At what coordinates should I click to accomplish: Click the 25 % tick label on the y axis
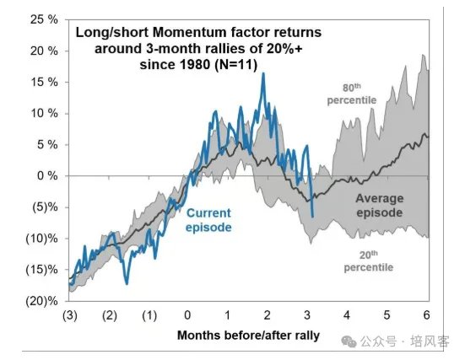[x=44, y=19]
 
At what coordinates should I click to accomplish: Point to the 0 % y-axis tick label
[x=47, y=175]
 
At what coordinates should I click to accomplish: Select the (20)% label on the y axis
[x=42, y=301]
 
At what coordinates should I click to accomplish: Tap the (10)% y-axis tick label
[x=42, y=239]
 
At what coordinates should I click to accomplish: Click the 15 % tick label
[x=44, y=82]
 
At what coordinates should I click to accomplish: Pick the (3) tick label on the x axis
[x=70, y=315]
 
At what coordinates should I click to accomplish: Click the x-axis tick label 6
[x=426, y=315]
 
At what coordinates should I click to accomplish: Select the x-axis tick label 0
[x=187, y=315]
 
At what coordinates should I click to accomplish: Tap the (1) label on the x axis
[x=149, y=315]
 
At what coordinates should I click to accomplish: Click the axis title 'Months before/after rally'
[x=248, y=336]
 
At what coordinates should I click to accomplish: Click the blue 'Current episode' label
[x=208, y=220]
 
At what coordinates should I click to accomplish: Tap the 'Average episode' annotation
[x=380, y=206]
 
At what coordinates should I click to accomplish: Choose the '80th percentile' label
[x=352, y=94]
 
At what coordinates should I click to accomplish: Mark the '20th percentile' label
[x=369, y=261]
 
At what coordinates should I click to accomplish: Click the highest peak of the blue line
[x=263, y=73]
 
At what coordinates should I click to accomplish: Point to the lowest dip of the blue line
[x=127, y=284]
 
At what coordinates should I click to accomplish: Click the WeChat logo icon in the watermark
[x=349, y=341]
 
